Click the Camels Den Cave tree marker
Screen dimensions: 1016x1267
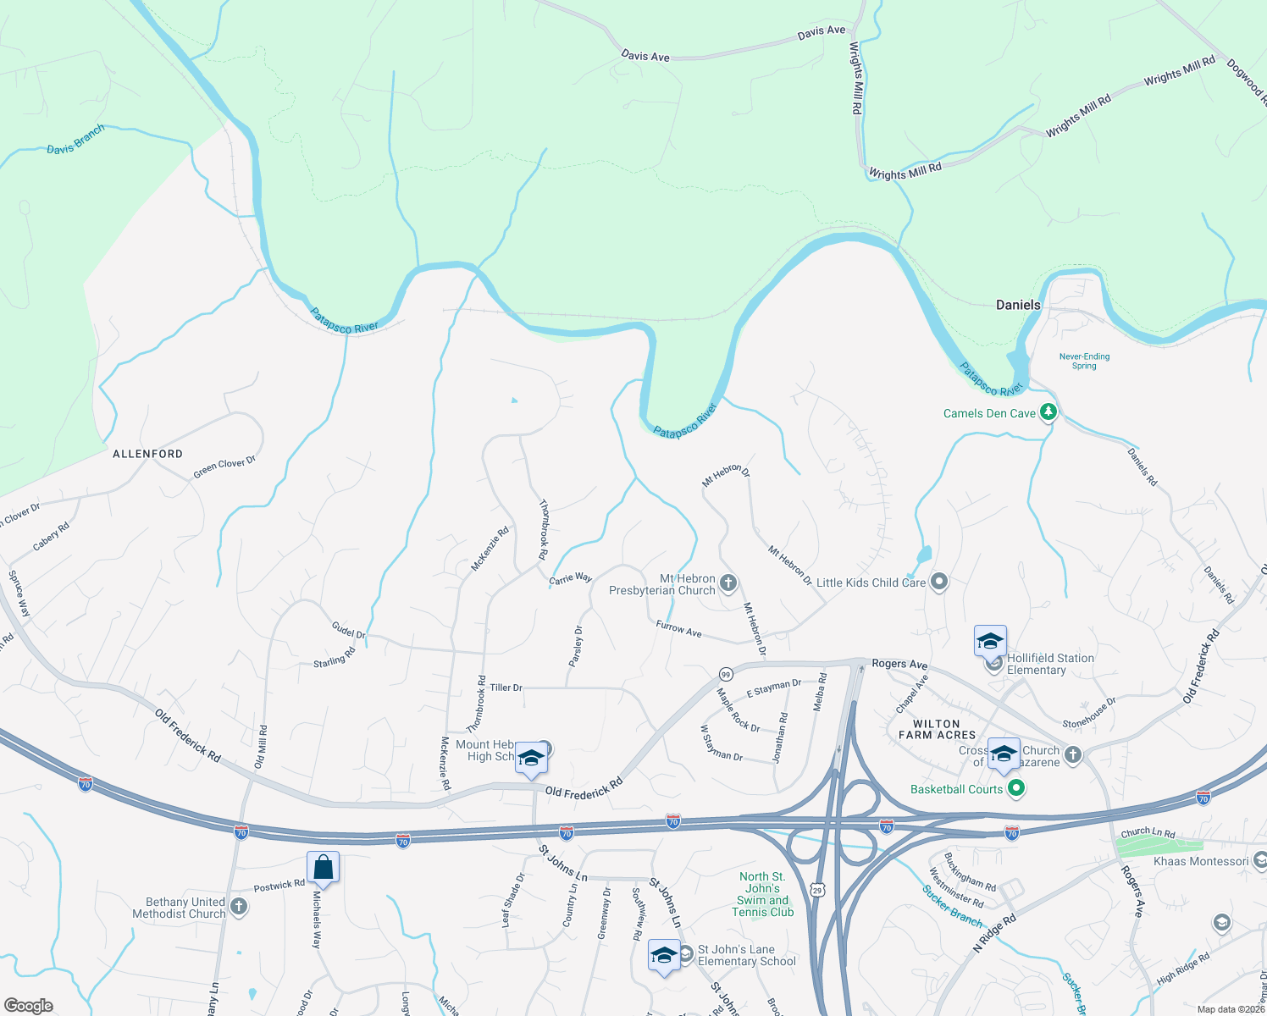[1048, 412]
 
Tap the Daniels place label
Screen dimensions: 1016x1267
[1018, 305]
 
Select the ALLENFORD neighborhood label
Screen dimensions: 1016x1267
[148, 454]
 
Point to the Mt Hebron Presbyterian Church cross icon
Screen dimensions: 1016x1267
[728, 583]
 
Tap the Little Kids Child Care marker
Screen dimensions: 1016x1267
[938, 583]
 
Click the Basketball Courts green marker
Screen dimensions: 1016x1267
[1016, 789]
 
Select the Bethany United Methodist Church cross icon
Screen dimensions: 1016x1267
[239, 908]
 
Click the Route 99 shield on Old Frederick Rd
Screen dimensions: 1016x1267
[726, 674]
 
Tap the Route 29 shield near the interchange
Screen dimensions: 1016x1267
[817, 889]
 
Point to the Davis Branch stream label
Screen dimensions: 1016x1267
[75, 140]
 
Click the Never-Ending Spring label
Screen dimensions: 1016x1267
[1084, 361]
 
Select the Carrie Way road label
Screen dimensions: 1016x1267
[570, 578]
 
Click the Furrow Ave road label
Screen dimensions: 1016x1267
[678, 629]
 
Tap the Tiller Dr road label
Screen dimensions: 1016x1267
[506, 687]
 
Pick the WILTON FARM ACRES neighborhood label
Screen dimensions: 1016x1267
[937, 729]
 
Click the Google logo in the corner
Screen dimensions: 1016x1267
[29, 1006]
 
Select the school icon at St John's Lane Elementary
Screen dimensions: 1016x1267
[664, 955]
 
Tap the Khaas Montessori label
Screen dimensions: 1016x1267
[1201, 861]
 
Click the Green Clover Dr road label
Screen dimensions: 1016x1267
[224, 467]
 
